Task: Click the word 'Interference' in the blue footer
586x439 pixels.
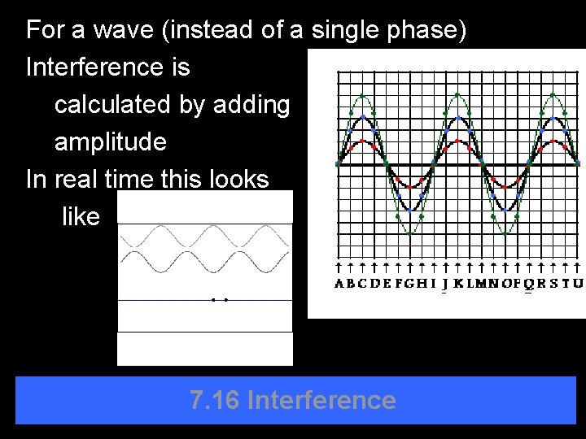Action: pos(321,400)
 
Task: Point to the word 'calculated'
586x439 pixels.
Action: pos(114,105)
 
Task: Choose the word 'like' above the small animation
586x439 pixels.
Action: pos(81,216)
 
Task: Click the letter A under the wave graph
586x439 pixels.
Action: pos(339,284)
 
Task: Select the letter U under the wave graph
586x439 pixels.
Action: pos(578,284)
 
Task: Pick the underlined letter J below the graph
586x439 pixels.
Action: pos(444,284)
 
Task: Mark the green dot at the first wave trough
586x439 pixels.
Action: pos(409,234)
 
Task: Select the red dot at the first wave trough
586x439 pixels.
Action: pos(409,187)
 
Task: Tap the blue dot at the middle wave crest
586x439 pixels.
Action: pos(458,118)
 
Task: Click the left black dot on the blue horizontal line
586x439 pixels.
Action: pos(213,300)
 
